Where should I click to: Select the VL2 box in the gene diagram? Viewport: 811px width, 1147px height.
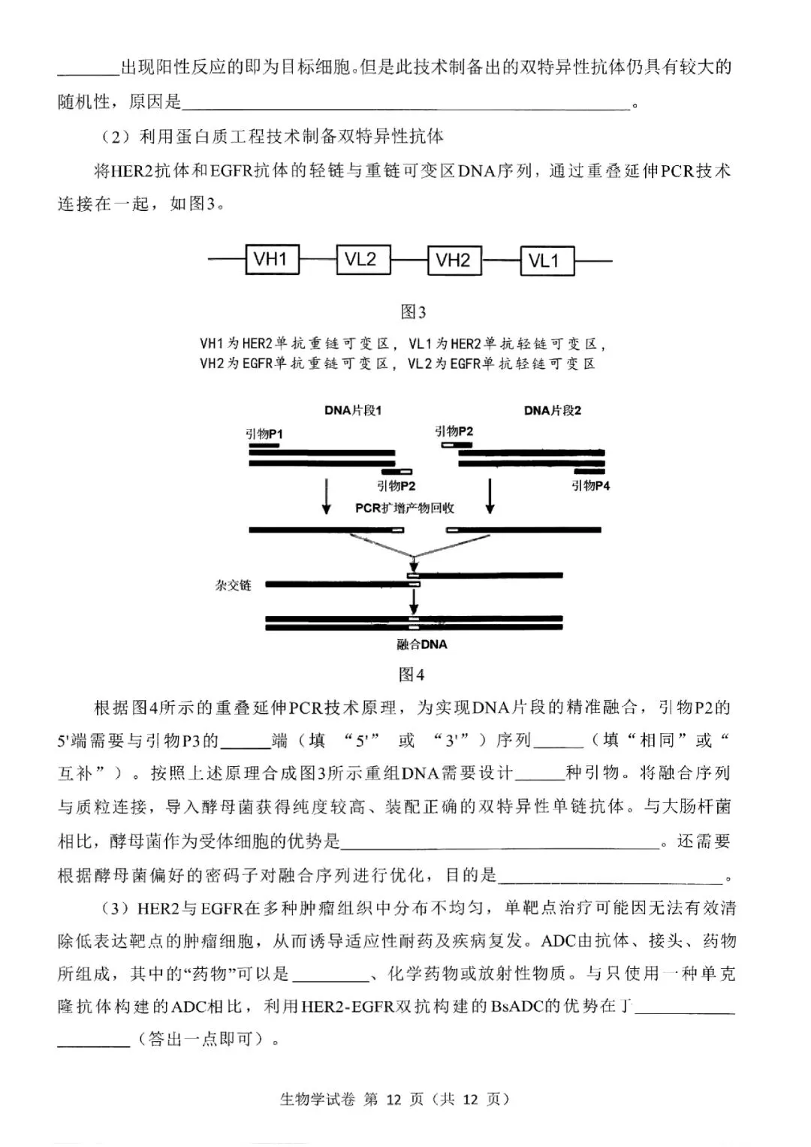tap(362, 260)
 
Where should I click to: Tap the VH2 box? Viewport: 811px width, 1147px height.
tap(454, 260)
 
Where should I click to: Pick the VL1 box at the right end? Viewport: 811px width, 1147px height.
tap(545, 260)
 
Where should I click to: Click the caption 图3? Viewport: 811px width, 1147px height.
tap(413, 312)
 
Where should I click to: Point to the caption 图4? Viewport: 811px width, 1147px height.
tap(412, 675)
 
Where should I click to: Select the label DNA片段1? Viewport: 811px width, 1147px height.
tap(353, 410)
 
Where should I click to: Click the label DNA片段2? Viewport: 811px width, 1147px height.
tap(552, 410)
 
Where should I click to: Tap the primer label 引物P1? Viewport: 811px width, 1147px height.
tap(264, 434)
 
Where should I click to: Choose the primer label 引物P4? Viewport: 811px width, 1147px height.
tap(591, 486)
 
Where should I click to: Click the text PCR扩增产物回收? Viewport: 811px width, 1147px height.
tap(405, 508)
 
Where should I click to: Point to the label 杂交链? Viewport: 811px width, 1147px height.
tap(233, 585)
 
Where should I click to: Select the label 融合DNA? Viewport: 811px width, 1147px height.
tap(422, 644)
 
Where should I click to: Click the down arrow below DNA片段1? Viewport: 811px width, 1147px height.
tap(326, 497)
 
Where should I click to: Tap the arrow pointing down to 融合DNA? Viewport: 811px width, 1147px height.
tap(413, 602)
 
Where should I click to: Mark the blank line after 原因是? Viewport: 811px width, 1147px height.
tap(405, 104)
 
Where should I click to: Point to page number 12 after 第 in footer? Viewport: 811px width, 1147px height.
tap(394, 1100)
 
